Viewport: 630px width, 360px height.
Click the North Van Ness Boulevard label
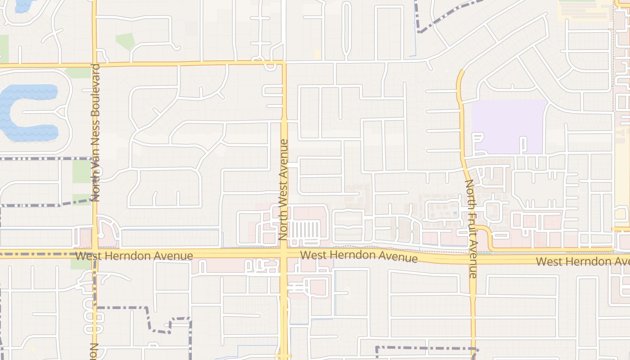[x=95, y=132]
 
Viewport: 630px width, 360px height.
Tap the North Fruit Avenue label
[x=471, y=229]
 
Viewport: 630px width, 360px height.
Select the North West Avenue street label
[x=283, y=189]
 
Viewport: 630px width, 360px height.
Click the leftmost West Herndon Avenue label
[x=134, y=256]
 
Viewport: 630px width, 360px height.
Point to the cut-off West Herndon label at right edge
[x=582, y=261]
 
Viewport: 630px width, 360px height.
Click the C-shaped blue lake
[x=25, y=112]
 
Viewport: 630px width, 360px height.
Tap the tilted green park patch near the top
[x=126, y=41]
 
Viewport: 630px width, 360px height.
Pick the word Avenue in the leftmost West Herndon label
[x=173, y=256]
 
